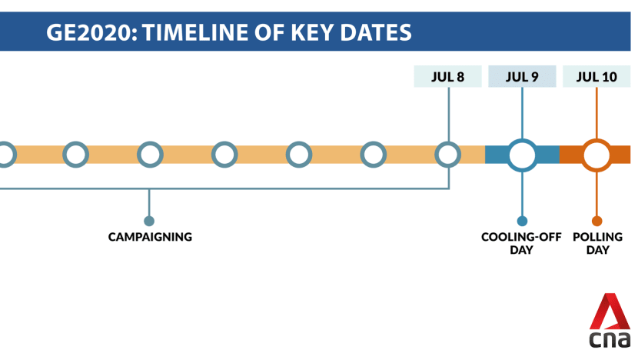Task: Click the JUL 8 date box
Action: (x=447, y=77)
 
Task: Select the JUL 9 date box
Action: (x=522, y=77)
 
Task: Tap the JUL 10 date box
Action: (x=596, y=77)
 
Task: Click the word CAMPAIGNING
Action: (x=150, y=237)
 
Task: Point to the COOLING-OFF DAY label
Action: (x=521, y=243)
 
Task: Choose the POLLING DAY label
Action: (x=597, y=243)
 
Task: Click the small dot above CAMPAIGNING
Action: (x=149, y=221)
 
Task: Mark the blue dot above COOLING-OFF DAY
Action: (x=522, y=221)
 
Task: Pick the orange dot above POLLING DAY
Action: (x=597, y=221)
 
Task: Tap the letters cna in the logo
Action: (x=610, y=340)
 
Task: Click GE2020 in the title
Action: (x=92, y=32)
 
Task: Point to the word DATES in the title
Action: (x=376, y=32)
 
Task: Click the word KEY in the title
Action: (x=311, y=32)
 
